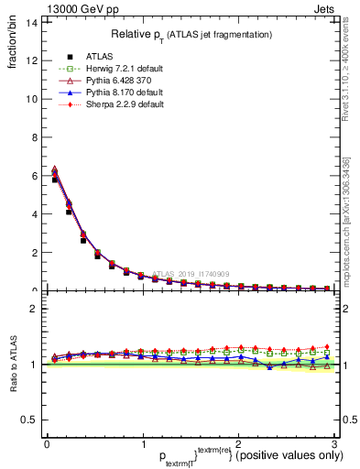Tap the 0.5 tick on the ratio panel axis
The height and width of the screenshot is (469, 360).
(30, 420)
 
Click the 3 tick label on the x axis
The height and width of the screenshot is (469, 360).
(334, 443)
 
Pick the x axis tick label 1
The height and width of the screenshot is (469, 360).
(143, 443)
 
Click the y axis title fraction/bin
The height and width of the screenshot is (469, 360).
(14, 47)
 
